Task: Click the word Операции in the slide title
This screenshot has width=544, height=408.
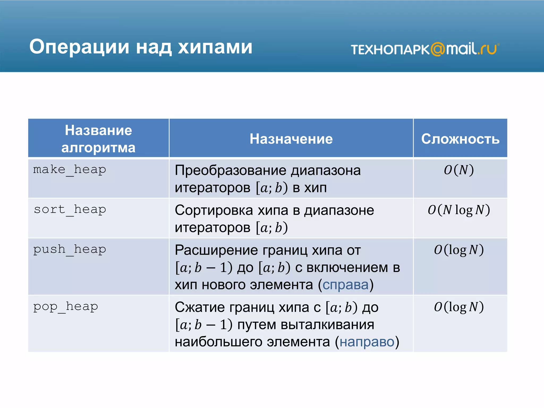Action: click(x=79, y=47)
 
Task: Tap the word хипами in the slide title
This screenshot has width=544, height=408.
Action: click(x=215, y=47)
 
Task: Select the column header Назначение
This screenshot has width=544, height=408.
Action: click(x=291, y=139)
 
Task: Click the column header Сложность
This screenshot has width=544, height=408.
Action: click(x=460, y=139)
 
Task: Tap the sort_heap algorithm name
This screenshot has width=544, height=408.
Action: click(x=70, y=210)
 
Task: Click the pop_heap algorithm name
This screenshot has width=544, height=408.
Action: click(x=66, y=307)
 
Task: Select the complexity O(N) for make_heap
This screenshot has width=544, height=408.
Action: click(x=459, y=170)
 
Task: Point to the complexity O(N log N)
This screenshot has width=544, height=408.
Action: click(x=459, y=210)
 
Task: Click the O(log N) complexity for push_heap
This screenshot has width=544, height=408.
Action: click(x=459, y=250)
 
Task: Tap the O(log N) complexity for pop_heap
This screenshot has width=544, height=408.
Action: click(x=459, y=307)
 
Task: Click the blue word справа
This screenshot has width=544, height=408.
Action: click(x=346, y=285)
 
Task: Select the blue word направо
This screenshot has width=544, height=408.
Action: click(x=367, y=342)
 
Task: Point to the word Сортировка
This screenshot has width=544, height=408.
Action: click(x=214, y=210)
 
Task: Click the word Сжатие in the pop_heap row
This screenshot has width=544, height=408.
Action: click(x=200, y=307)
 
